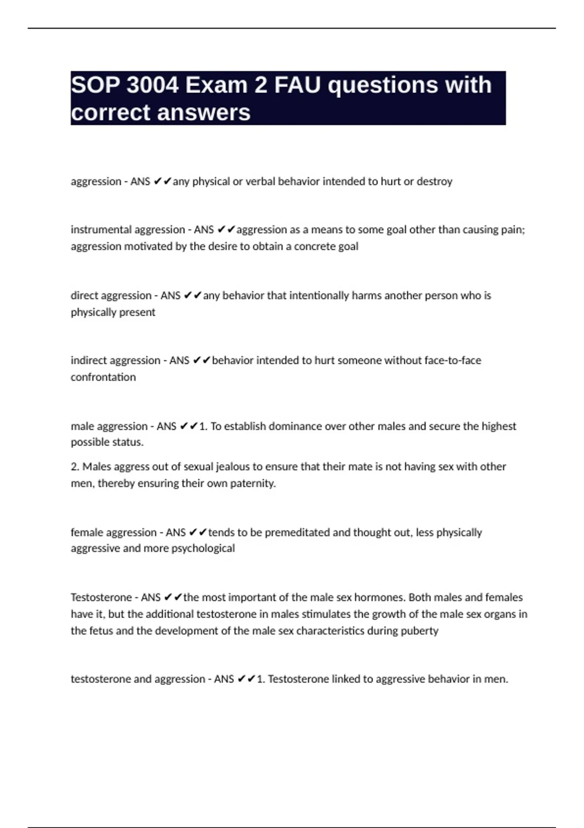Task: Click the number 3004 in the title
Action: point(152,85)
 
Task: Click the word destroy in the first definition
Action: point(434,182)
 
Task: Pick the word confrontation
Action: point(103,377)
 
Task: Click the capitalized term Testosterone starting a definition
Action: point(101,598)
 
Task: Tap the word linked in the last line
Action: point(346,679)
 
